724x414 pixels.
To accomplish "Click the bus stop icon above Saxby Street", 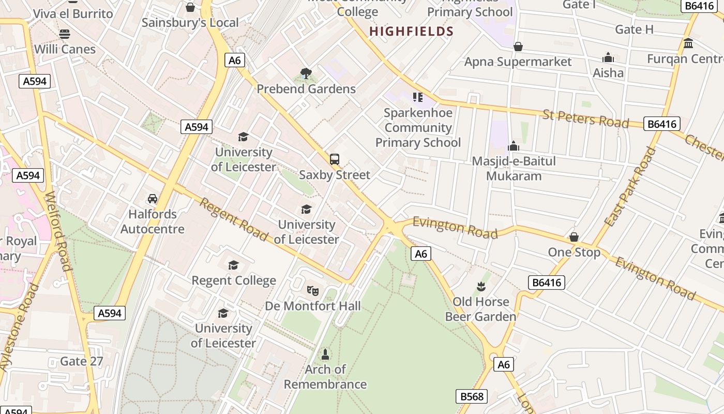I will tap(335, 159).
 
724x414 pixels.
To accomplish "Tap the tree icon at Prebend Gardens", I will tap(306, 73).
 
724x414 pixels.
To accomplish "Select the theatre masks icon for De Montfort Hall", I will tap(312, 290).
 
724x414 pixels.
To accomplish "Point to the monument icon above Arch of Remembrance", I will tap(325, 354).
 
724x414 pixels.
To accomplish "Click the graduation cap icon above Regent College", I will tap(234, 265).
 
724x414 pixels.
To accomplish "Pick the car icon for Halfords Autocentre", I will tap(153, 199).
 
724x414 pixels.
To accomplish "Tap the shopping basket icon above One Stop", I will tap(574, 237).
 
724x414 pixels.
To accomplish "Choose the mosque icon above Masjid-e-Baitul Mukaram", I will tap(514, 146).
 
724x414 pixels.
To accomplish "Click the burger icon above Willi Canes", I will tap(65, 34).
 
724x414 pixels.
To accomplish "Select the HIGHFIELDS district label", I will tap(411, 32).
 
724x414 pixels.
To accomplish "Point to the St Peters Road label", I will tap(585, 119).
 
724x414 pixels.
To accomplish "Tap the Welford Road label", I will tap(58, 231).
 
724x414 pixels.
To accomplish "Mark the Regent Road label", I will tap(234, 220).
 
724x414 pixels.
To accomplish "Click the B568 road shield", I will tap(472, 396).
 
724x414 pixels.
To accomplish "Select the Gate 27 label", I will tap(82, 361).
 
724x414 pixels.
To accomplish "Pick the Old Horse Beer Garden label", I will tap(480, 309).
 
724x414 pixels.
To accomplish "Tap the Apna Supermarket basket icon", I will tap(518, 47).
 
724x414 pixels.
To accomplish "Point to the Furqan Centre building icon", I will tap(688, 43).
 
